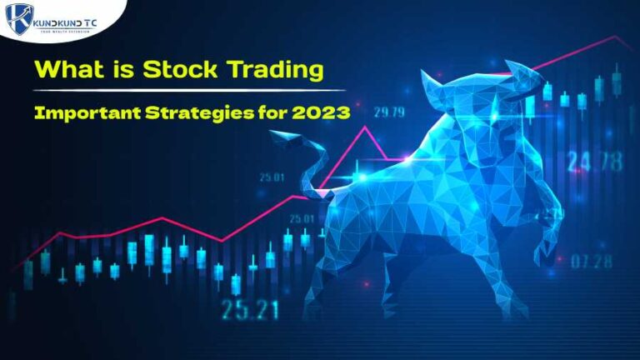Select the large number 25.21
(249, 310)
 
